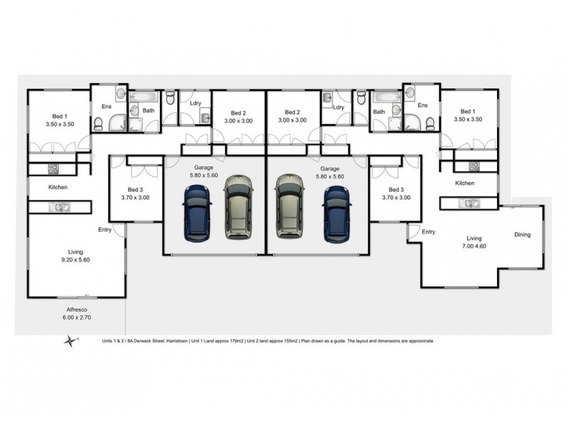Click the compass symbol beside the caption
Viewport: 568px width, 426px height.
(x=70, y=341)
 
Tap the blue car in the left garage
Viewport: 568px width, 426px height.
(x=197, y=213)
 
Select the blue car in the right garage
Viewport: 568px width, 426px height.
(x=337, y=214)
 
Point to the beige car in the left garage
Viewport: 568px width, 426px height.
(x=239, y=207)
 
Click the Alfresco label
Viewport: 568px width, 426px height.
(x=77, y=310)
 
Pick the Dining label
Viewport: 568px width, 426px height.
(x=522, y=235)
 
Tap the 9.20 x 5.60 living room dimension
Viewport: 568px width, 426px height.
(x=76, y=260)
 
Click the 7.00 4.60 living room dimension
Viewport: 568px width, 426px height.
(x=474, y=246)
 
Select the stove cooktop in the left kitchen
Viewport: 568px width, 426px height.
(x=53, y=169)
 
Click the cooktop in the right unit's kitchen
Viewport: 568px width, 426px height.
(x=474, y=166)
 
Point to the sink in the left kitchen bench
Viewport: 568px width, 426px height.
(x=60, y=207)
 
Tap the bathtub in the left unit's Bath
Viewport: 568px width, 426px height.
(x=144, y=97)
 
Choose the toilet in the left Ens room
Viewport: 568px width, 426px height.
(x=98, y=124)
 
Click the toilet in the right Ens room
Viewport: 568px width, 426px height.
(x=430, y=123)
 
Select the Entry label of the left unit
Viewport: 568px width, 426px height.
(x=104, y=229)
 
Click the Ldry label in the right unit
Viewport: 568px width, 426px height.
(x=339, y=107)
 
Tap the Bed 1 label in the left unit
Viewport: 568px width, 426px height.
(x=60, y=116)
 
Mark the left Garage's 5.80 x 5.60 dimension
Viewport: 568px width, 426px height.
(x=204, y=175)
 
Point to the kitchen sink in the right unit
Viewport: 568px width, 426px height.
(x=469, y=203)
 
